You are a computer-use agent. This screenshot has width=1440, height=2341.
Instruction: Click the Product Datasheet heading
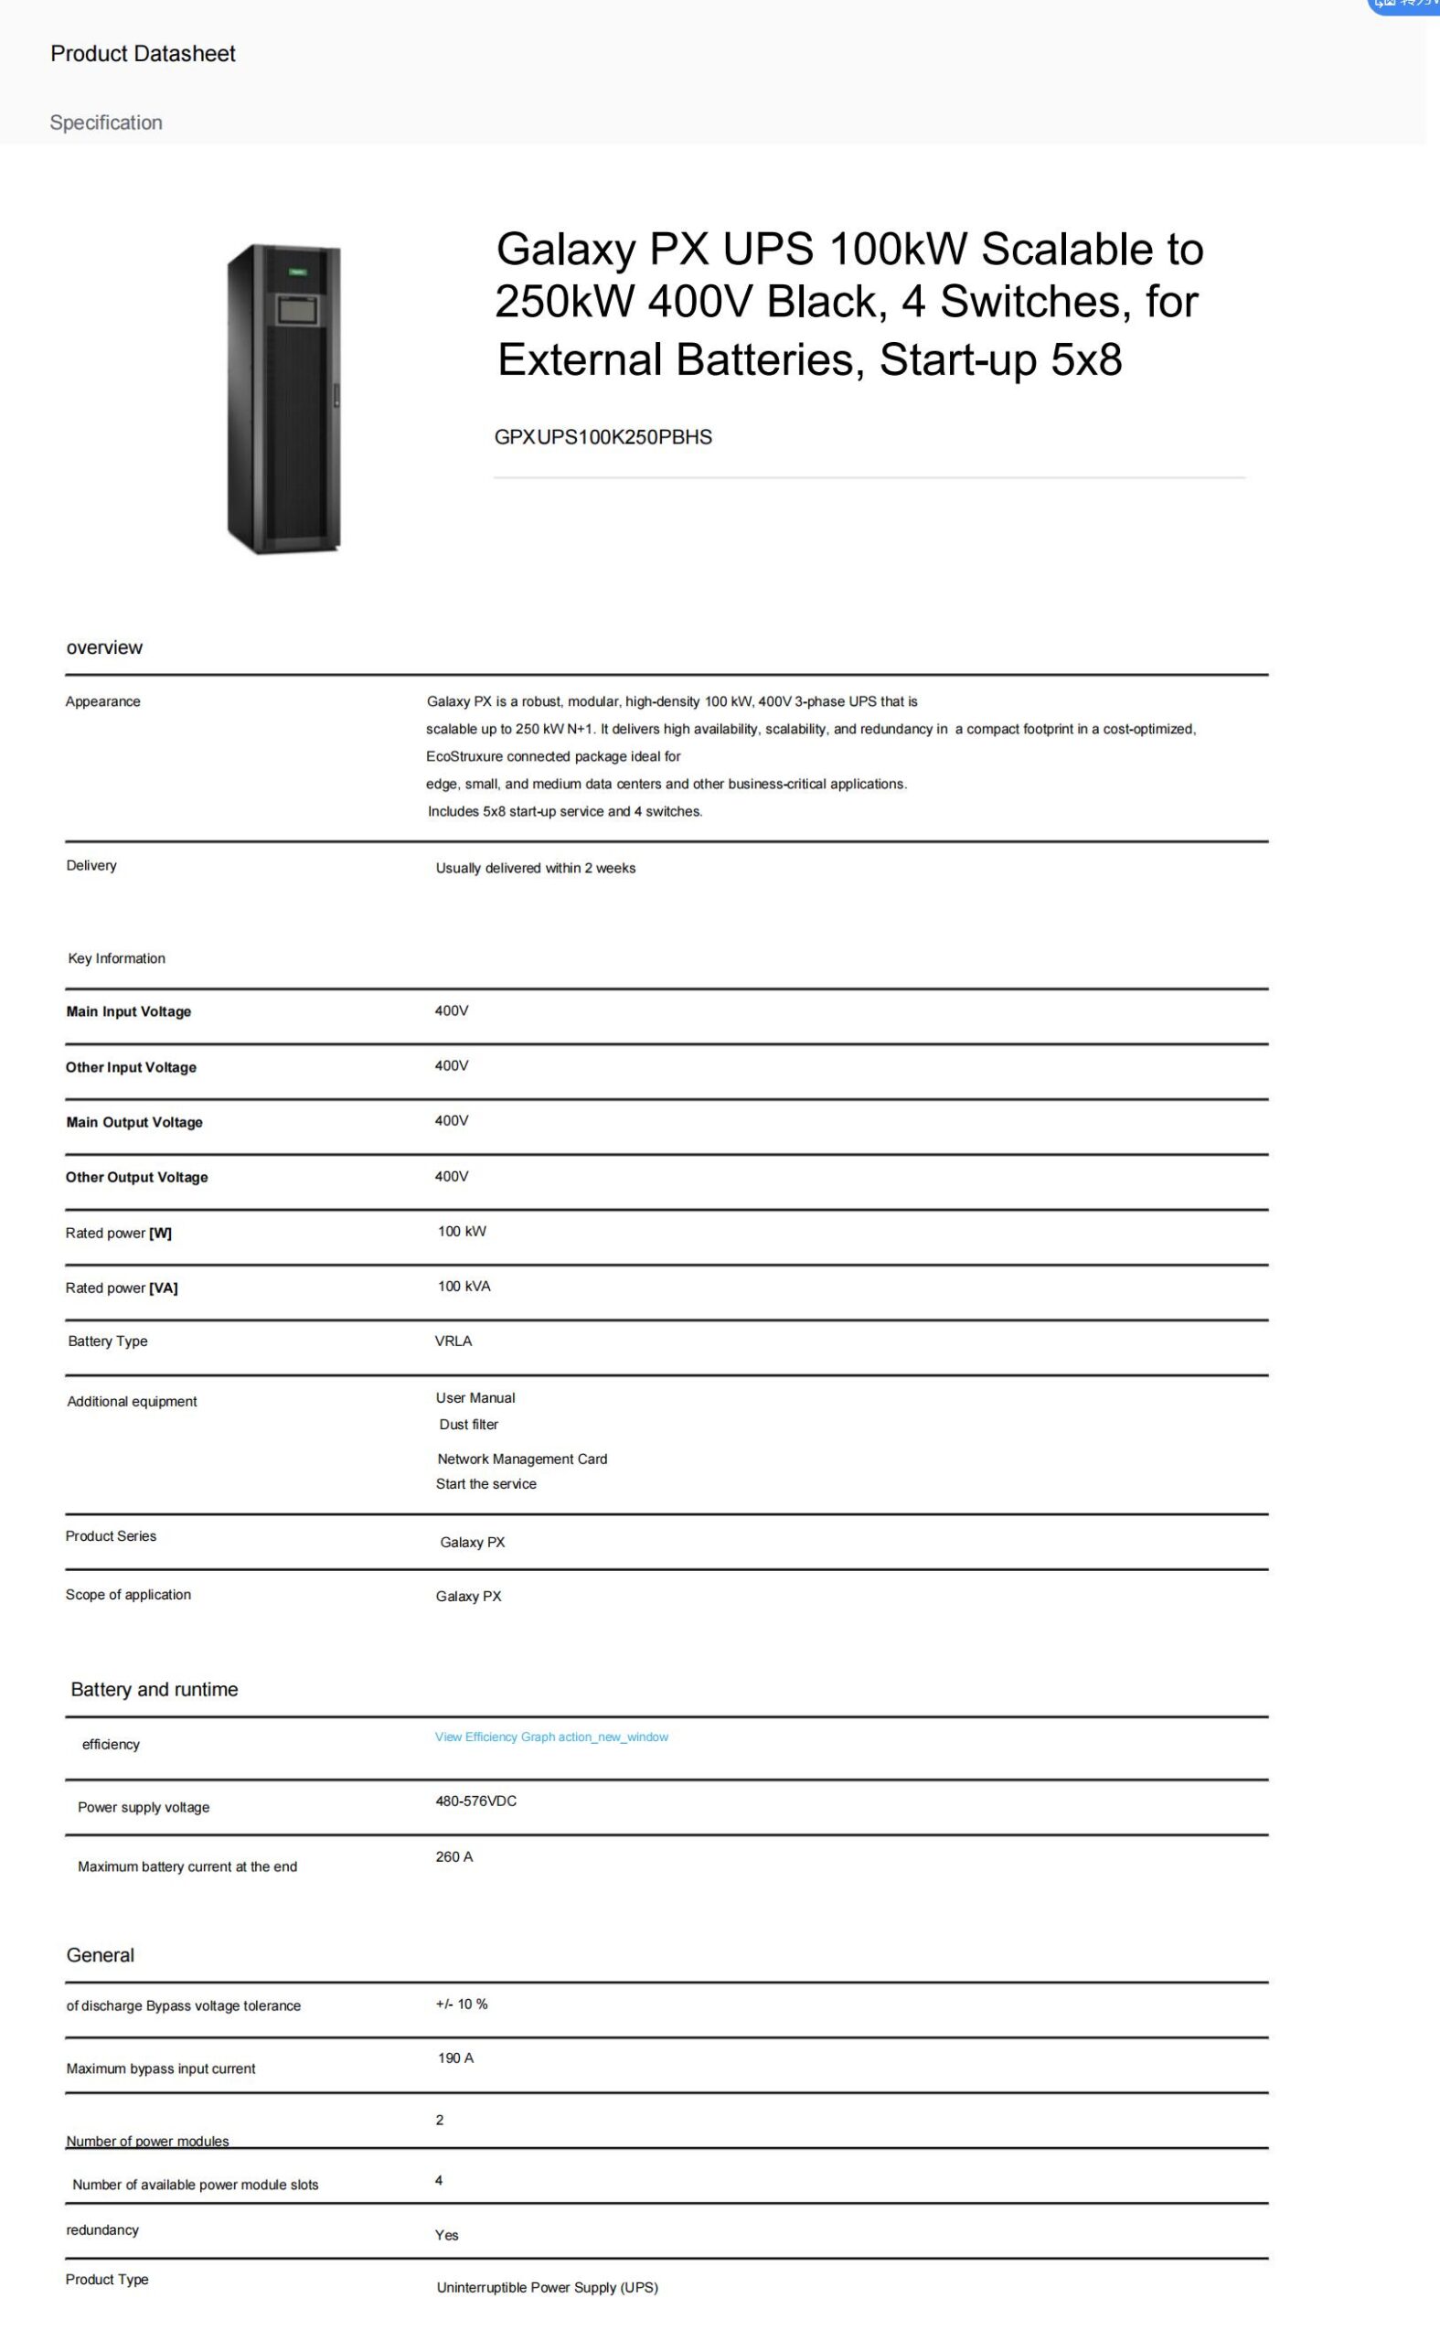[x=143, y=54]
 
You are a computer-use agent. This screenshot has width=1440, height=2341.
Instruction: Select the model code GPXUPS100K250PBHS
[x=603, y=437]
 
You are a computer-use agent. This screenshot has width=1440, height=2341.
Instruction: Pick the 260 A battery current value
[x=454, y=1856]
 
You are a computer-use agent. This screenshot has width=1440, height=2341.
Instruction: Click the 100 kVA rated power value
[x=464, y=1286]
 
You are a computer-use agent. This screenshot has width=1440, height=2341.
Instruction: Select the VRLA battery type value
[x=453, y=1341]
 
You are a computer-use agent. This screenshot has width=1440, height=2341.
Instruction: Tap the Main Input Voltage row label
[x=129, y=1011]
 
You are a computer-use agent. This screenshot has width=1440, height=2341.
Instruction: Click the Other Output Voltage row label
[x=136, y=1177]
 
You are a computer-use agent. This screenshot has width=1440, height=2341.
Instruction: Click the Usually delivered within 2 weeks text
[x=535, y=868]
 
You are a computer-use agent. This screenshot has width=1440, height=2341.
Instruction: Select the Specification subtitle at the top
[x=106, y=123]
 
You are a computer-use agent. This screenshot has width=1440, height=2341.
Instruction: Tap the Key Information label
[x=116, y=958]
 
